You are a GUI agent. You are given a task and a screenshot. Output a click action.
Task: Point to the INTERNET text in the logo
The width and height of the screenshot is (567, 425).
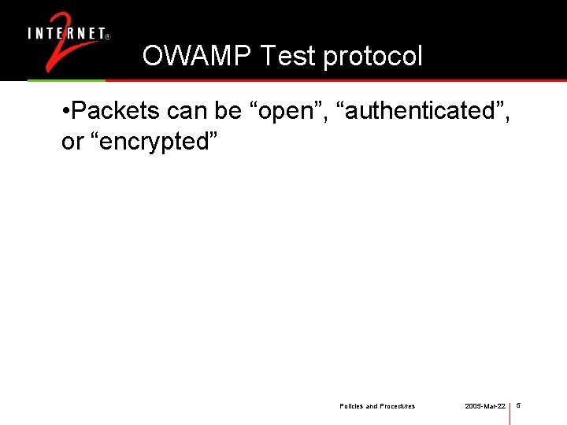point(66,34)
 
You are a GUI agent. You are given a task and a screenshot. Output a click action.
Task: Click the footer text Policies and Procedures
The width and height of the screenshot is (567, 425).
point(377,406)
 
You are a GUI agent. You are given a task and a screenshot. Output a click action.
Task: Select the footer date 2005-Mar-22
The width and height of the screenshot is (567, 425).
point(484,406)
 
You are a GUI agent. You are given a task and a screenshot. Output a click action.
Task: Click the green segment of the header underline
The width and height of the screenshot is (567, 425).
point(66,80)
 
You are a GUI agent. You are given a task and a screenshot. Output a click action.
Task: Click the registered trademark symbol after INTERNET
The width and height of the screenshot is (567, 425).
point(107,36)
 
